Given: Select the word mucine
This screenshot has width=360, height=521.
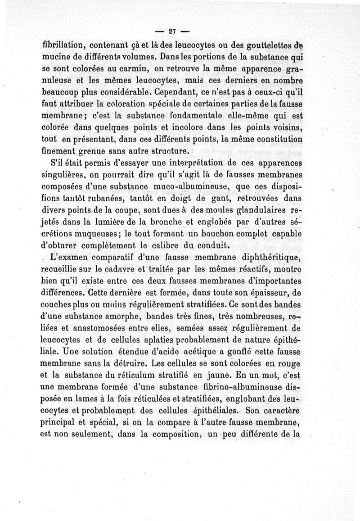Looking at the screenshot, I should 56,57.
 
